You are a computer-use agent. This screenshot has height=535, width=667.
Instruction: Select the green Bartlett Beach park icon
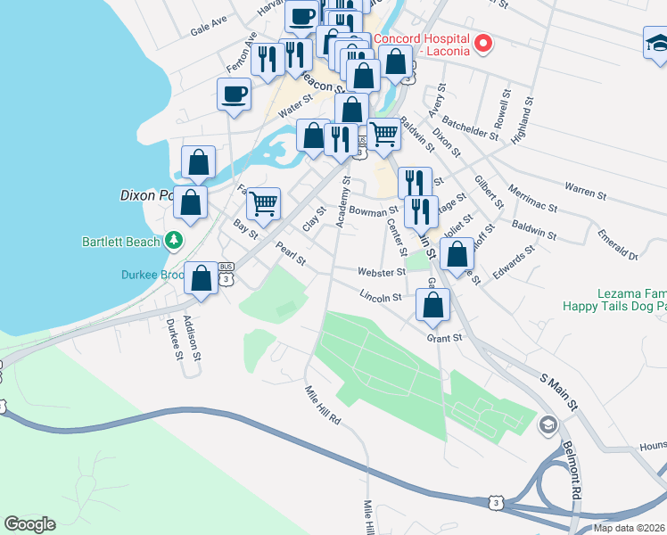point(174,241)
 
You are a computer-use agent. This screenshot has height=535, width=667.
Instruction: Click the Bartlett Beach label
point(120,242)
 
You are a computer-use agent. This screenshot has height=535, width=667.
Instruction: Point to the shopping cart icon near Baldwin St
point(383,136)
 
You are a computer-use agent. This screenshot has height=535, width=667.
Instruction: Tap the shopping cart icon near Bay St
point(264,203)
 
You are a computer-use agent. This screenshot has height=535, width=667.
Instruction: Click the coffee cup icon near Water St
point(235,95)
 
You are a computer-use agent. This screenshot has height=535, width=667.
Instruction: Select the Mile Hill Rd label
point(323,404)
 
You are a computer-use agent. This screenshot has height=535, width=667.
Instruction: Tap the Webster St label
point(382,271)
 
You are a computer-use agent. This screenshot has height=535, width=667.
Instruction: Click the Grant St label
point(444,338)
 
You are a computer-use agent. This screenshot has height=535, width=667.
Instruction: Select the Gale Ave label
point(209,25)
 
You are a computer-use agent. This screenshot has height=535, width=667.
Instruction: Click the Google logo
point(29,524)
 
